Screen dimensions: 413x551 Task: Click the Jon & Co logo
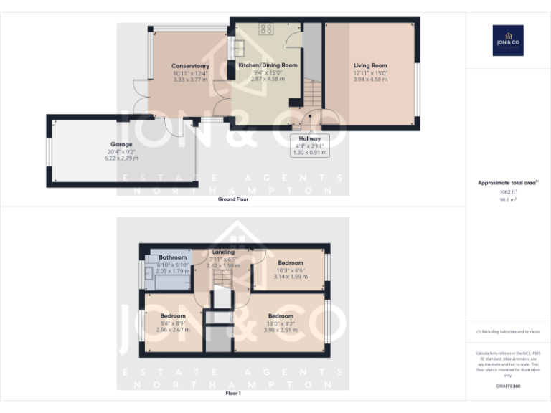508,40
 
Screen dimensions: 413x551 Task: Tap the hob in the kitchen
267,29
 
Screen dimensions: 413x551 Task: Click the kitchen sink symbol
237,47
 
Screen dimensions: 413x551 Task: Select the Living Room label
369,65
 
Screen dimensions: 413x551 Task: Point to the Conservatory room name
190,66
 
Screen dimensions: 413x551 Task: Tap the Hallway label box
309,144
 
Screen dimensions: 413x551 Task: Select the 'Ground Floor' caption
233,199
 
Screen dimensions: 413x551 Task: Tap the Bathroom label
172,257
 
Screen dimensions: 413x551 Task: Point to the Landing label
223,252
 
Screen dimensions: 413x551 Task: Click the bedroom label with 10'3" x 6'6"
291,263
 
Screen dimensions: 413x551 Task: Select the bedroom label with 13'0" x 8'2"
280,316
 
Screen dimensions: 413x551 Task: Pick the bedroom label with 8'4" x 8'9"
173,316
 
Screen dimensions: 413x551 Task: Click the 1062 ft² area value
507,192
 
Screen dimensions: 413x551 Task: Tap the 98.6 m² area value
507,201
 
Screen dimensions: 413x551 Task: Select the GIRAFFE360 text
507,386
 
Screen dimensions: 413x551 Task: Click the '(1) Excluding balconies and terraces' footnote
507,331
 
